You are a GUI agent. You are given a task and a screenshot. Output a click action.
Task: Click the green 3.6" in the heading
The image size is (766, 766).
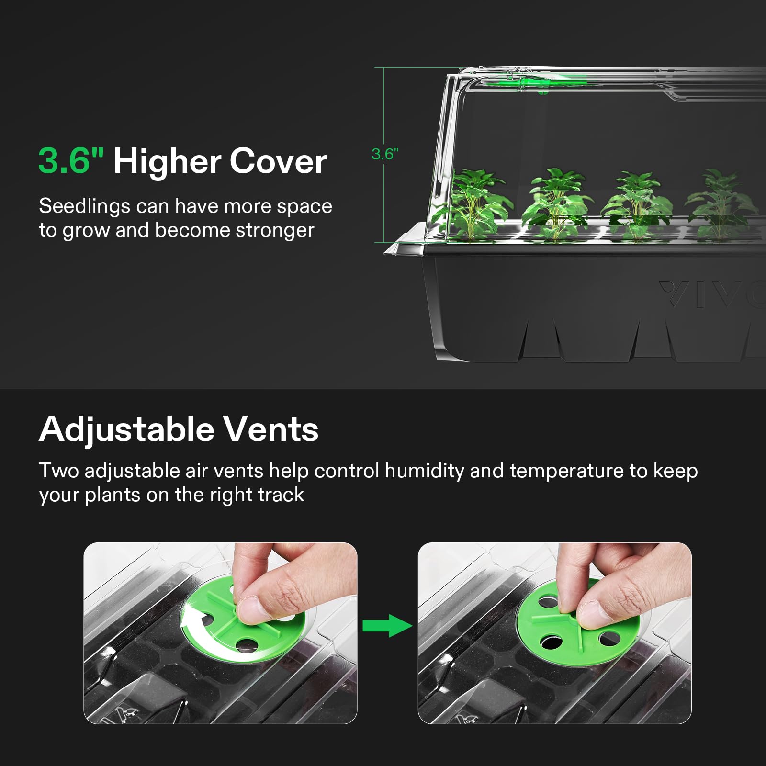pyautogui.click(x=71, y=160)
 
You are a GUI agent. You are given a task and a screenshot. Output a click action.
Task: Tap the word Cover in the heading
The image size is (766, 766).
pyautogui.click(x=278, y=161)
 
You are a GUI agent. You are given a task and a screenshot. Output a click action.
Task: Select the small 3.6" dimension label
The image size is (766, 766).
pyautogui.click(x=385, y=154)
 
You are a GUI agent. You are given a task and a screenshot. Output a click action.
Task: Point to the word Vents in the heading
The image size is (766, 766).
pyautogui.click(x=271, y=429)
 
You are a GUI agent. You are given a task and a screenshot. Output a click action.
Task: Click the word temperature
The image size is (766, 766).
pyautogui.click(x=567, y=472)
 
